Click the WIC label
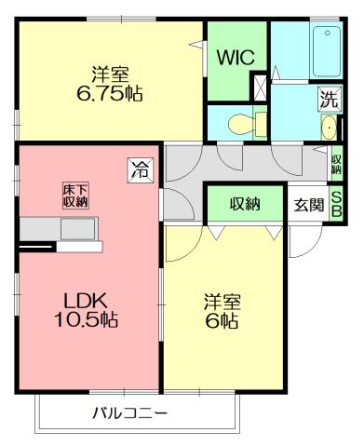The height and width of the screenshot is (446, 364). pos(236,57)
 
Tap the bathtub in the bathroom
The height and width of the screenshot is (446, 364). pos(326,55)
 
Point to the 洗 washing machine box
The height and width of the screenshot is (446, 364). pos(328,98)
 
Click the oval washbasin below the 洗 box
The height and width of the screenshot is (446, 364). pos(329,128)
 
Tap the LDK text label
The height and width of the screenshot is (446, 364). pos(86,300)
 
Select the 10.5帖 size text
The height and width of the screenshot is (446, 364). pos(86,320)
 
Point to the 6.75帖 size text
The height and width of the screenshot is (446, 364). pos(109,93)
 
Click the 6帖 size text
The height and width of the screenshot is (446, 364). pos(222,321)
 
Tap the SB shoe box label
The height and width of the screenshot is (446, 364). pos(337,206)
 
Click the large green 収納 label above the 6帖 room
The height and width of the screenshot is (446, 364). pos(244,204)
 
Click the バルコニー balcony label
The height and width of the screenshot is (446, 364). pos(129,412)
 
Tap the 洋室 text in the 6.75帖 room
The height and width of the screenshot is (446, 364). pos(109,72)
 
